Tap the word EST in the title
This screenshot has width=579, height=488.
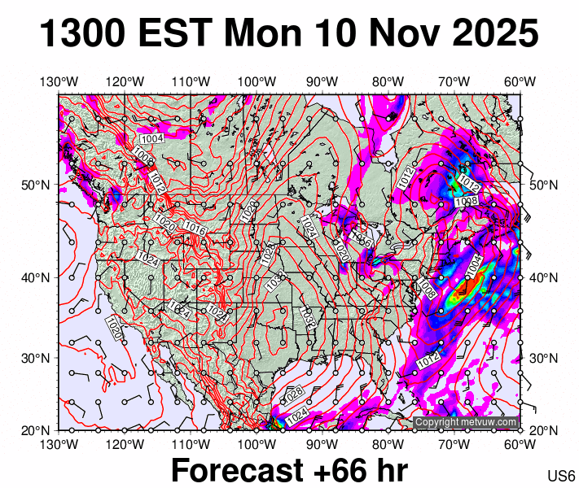(x=177, y=35)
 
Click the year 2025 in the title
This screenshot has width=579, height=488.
(x=493, y=35)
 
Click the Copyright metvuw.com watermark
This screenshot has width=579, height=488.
(x=466, y=422)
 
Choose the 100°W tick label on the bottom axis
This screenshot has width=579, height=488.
(x=257, y=444)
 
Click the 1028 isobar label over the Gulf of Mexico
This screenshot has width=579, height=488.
(x=294, y=394)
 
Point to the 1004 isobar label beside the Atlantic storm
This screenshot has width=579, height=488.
(x=473, y=264)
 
